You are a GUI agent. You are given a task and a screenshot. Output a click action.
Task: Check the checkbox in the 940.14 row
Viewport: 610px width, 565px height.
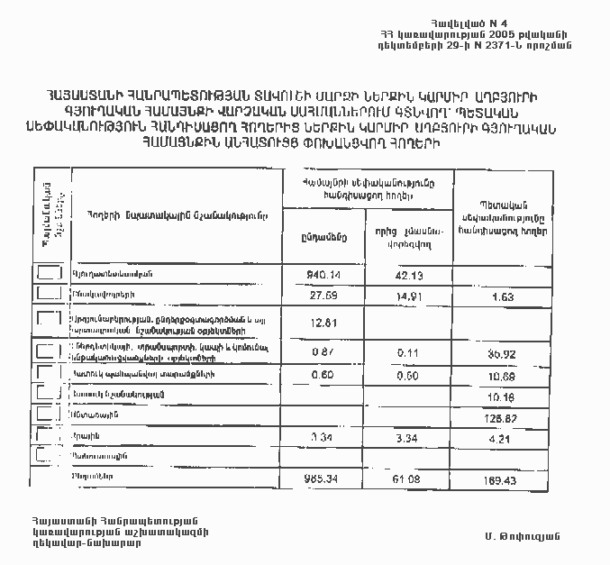[x=49, y=273]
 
